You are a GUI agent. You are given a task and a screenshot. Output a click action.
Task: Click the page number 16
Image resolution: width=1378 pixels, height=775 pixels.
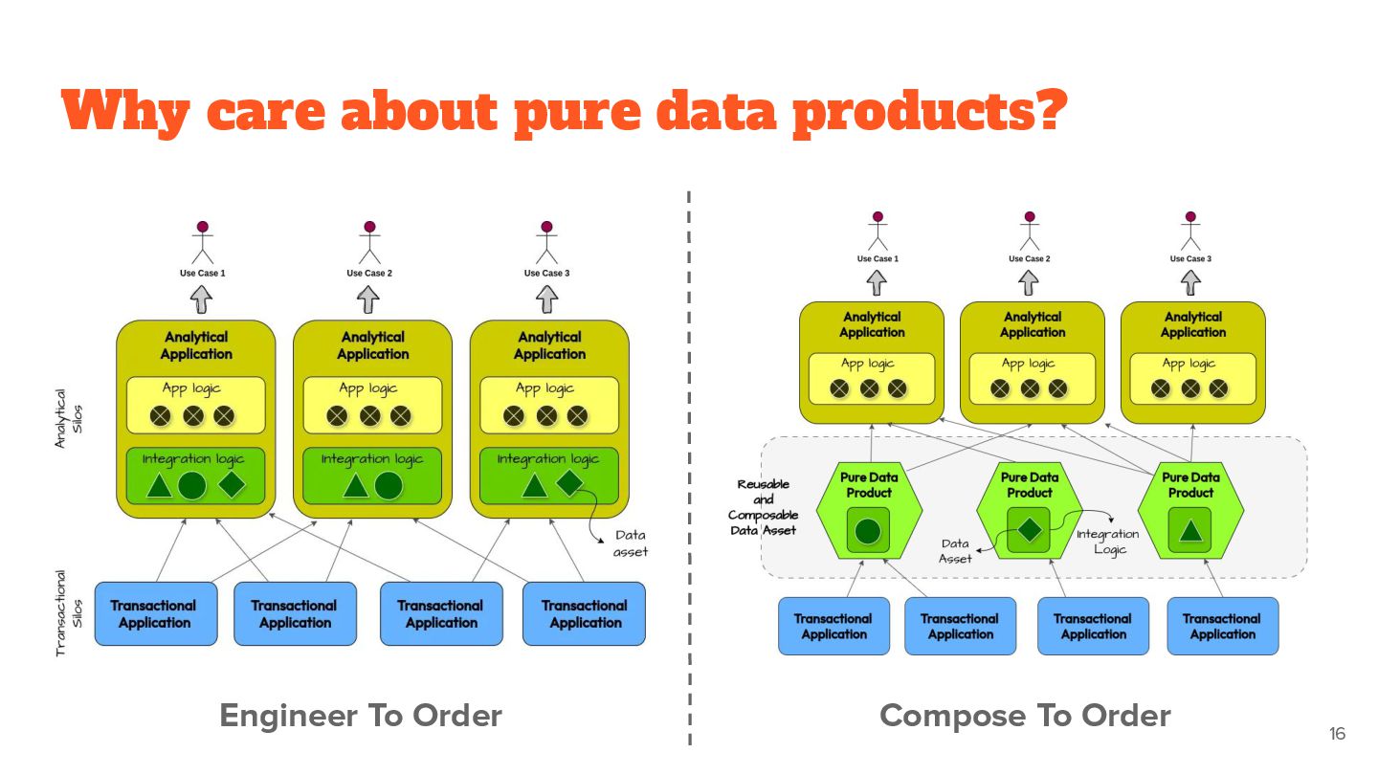1337,734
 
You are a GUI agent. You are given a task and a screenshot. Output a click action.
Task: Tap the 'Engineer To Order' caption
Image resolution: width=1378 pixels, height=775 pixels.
361,716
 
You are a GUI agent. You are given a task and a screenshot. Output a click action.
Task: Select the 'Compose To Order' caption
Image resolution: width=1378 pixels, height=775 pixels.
1025,716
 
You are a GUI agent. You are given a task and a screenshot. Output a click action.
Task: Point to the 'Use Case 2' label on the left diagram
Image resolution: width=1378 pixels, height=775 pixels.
369,273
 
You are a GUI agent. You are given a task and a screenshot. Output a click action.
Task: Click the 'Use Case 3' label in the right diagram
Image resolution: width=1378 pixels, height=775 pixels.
1190,258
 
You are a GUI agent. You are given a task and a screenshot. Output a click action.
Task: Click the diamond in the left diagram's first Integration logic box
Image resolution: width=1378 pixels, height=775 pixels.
233,484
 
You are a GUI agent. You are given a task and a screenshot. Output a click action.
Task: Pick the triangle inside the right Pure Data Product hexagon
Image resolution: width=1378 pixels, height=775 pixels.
1190,530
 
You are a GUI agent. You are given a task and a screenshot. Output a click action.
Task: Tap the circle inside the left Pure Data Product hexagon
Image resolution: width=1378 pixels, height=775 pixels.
868,530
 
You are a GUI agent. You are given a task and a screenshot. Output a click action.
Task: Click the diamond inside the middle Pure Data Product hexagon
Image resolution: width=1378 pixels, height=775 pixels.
1030,529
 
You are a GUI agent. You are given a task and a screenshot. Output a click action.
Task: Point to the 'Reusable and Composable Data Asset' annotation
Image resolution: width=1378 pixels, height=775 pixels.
763,507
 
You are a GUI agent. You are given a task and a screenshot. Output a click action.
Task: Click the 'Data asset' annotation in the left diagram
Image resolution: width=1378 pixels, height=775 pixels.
631,543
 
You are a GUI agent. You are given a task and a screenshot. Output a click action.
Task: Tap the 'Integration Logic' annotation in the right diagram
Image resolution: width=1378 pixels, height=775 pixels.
1108,542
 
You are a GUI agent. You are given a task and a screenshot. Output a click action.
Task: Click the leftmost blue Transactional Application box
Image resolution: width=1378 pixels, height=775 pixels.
155,613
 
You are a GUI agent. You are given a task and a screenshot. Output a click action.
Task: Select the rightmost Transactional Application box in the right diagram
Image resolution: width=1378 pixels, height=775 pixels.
1222,627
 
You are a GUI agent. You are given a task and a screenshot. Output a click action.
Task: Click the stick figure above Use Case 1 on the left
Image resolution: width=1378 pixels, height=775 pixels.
202,243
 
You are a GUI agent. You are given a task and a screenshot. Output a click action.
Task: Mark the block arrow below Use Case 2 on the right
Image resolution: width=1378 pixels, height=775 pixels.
1029,282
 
